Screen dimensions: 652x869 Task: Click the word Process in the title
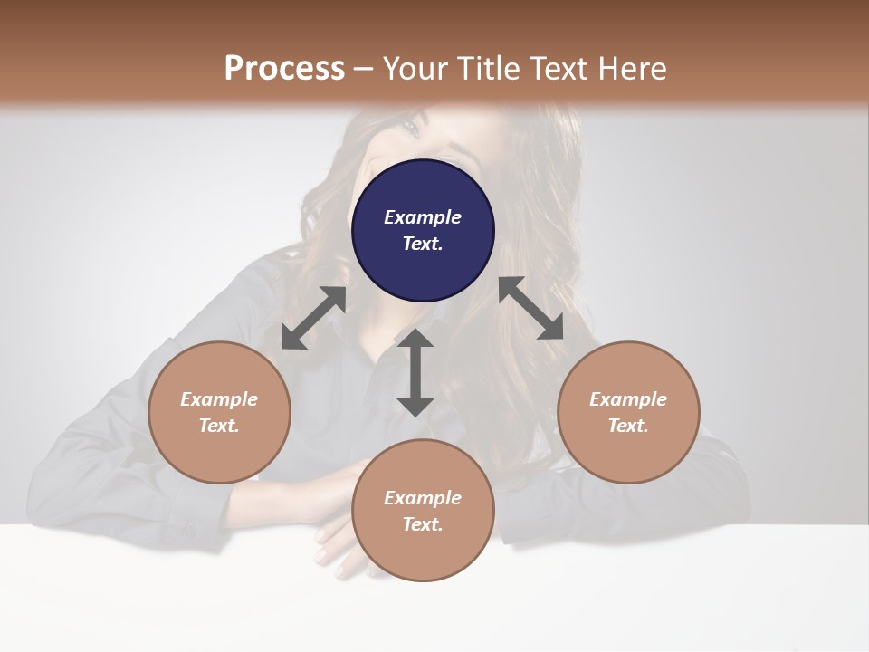click(284, 69)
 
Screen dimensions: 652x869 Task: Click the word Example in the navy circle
click(423, 217)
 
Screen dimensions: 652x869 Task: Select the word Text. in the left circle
click(219, 426)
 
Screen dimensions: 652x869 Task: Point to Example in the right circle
click(628, 399)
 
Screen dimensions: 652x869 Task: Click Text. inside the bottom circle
click(423, 524)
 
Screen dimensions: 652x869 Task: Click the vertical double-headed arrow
click(415, 372)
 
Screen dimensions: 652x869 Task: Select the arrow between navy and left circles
click(313, 318)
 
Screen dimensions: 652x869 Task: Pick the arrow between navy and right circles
click(530, 309)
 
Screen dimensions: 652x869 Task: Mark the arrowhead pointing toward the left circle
click(291, 339)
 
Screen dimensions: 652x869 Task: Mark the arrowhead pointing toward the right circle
click(551, 329)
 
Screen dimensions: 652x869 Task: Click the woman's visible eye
click(409, 128)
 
